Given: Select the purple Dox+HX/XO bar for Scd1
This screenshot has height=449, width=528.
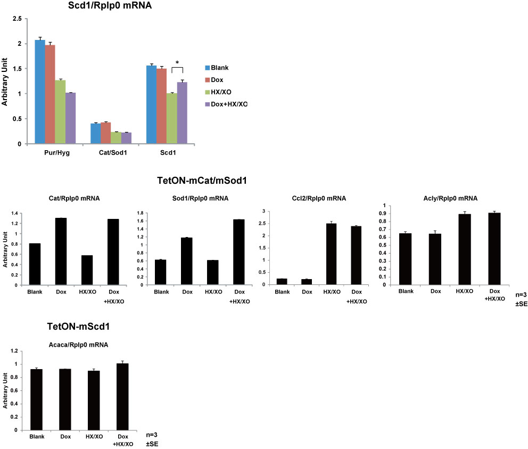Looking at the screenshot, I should click(x=183, y=113).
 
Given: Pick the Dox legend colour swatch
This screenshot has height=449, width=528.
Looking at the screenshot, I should click(x=207, y=80).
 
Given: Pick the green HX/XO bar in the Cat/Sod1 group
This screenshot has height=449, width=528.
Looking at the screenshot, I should click(x=116, y=138).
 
